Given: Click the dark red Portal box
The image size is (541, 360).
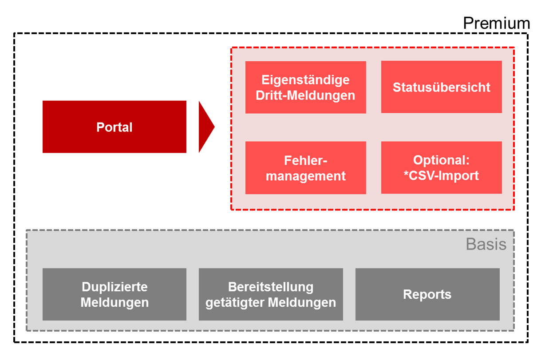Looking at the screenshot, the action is point(114,127).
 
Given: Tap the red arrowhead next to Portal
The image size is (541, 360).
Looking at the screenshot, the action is point(205,127).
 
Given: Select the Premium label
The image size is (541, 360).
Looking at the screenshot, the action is point(496,24).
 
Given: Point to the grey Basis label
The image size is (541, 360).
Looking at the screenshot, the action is point(486,244).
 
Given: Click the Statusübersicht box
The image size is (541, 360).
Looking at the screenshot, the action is point(442,87).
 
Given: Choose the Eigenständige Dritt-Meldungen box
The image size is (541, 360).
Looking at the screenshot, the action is point(305,87).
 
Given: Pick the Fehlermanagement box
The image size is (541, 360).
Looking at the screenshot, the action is point(305,168).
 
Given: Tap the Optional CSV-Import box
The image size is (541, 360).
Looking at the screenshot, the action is point(442,167).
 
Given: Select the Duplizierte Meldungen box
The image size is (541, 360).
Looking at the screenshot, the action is point(114,294).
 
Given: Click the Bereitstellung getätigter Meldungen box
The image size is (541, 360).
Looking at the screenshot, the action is point(271,294).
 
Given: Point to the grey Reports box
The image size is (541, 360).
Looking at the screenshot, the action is point(427,294).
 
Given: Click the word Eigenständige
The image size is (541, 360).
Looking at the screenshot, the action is point(305,80).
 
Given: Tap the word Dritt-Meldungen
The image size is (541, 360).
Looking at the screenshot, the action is point(305,95).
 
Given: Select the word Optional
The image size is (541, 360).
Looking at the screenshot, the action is point(441,160).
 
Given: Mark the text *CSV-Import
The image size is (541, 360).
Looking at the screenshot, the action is point(441,175).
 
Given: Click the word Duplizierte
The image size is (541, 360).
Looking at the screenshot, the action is point(115,287).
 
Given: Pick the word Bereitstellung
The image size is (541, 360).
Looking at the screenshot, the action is point(271,287).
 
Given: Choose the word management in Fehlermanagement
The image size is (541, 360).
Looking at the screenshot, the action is point(305,176).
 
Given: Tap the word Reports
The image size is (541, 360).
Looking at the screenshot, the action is point(427,294).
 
